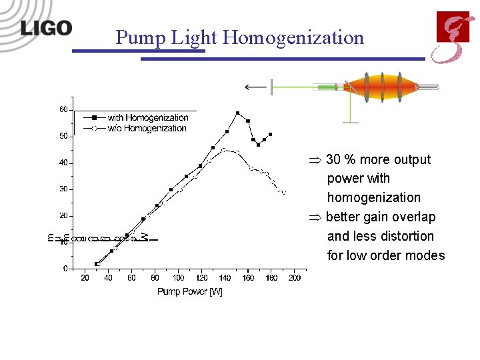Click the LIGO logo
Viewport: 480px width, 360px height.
pyautogui.click(x=45, y=28)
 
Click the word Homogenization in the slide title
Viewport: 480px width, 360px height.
pyautogui.click(x=293, y=37)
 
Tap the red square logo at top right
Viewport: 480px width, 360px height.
pyautogui.click(x=453, y=27)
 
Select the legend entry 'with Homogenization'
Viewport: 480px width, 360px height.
pyautogui.click(x=147, y=117)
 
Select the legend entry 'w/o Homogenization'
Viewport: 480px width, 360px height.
pyautogui.click(x=147, y=128)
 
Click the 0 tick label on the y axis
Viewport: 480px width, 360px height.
pyautogui.click(x=65, y=269)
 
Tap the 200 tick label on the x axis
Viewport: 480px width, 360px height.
pyautogui.click(x=294, y=278)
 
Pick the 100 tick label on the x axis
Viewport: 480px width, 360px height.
pyautogui.click(x=178, y=278)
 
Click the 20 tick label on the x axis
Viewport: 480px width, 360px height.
pyautogui.click(x=85, y=278)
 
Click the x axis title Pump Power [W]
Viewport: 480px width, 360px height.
pyautogui.click(x=189, y=291)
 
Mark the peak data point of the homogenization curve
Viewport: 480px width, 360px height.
pyautogui.click(x=237, y=113)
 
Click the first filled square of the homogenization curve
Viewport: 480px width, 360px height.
pyautogui.click(x=97, y=264)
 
